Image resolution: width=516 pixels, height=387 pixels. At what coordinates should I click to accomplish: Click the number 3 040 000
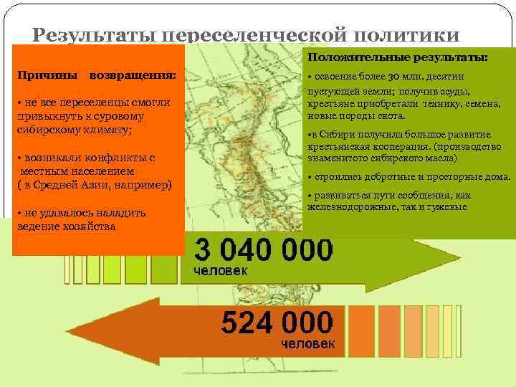(x=264, y=251)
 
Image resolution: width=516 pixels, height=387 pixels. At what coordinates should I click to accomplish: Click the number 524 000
(x=277, y=322)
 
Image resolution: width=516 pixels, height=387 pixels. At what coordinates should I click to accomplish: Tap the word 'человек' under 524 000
(x=307, y=343)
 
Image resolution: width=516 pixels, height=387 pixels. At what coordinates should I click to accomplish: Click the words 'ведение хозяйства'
(x=65, y=226)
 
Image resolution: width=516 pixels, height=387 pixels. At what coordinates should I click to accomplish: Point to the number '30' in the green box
(x=394, y=77)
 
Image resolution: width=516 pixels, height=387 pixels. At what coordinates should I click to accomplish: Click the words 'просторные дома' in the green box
(x=467, y=176)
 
